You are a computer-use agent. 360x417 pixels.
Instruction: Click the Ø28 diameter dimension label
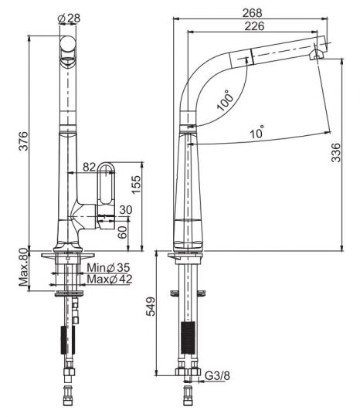click(x=69, y=19)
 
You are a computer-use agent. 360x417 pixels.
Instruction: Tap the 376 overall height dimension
click(x=23, y=141)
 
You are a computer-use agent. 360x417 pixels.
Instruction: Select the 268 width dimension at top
click(x=252, y=13)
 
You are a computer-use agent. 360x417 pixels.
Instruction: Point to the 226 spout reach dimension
click(x=254, y=26)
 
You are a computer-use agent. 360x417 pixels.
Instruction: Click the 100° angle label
click(x=226, y=100)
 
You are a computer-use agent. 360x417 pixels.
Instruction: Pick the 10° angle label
click(x=256, y=131)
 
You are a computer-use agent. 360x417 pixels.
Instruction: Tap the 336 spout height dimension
click(x=336, y=152)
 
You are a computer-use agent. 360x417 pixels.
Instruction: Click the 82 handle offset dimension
click(x=89, y=167)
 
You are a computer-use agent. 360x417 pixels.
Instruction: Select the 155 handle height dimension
click(x=136, y=185)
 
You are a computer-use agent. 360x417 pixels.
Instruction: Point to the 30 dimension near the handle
click(x=126, y=210)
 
